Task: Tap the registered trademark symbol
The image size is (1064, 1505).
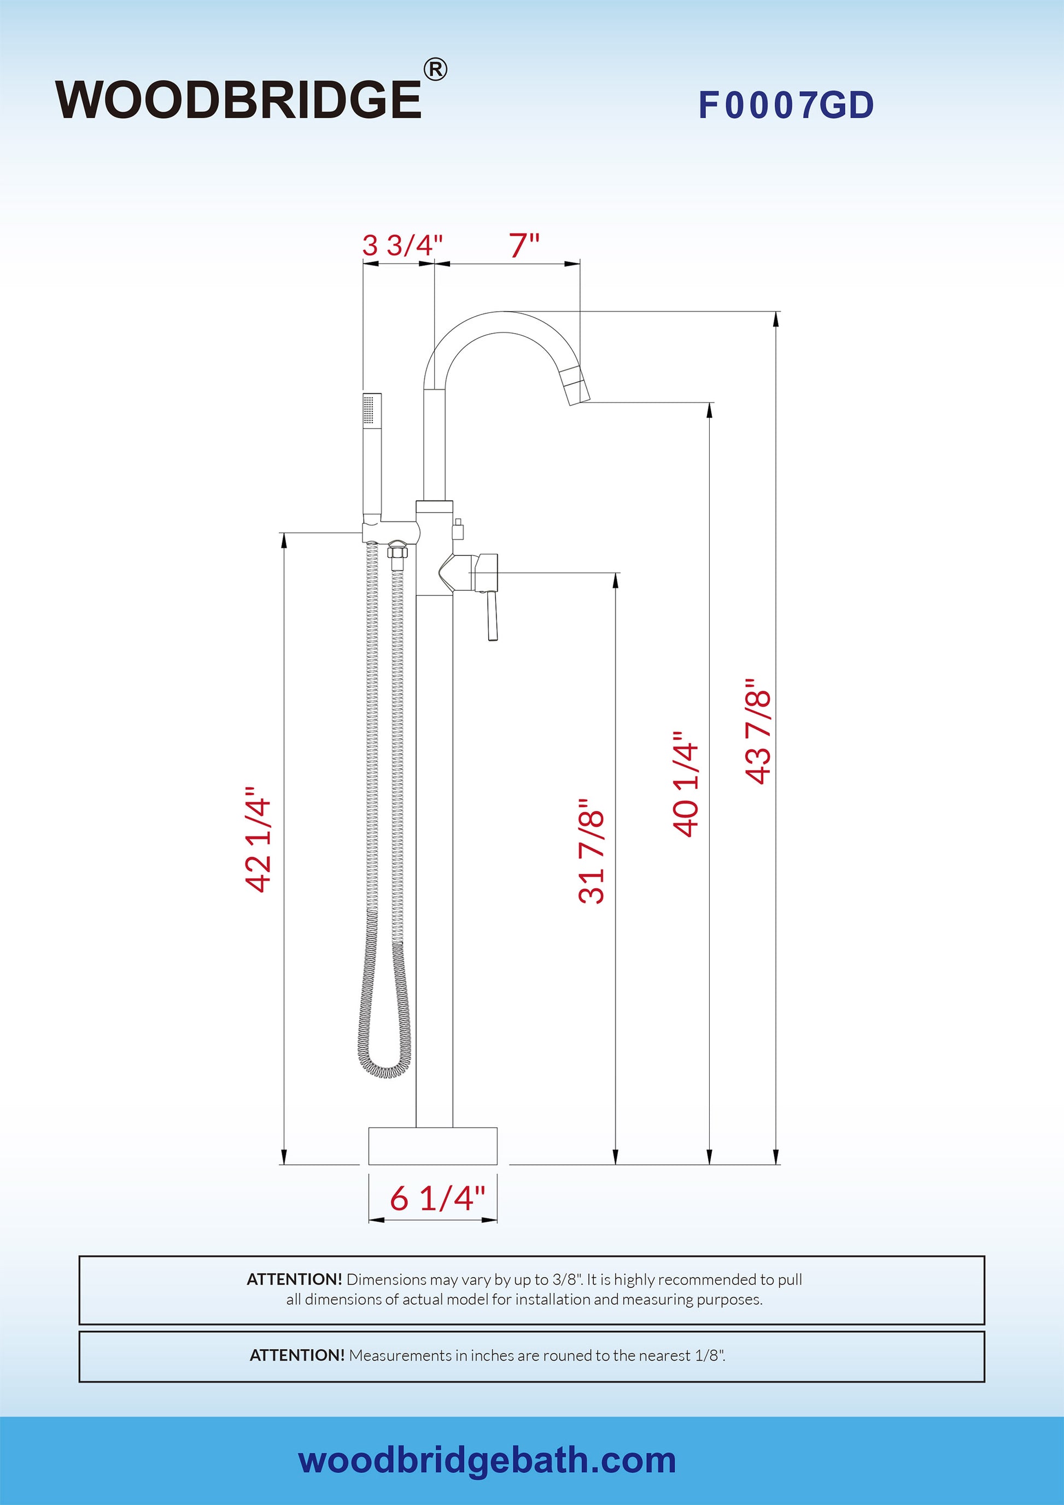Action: click(x=436, y=69)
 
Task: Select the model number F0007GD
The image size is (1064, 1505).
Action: click(x=786, y=105)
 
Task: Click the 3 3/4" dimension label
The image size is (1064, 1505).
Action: click(x=402, y=246)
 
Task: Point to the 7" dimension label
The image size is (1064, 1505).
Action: click(x=524, y=245)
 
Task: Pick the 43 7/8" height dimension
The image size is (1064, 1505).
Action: click(x=758, y=731)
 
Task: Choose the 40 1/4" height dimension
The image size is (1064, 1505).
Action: click(x=686, y=784)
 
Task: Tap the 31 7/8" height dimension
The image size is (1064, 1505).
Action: click(x=592, y=851)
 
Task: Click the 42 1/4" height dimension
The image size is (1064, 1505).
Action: click(x=258, y=839)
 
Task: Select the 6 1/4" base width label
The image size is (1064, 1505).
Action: click(x=437, y=1198)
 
